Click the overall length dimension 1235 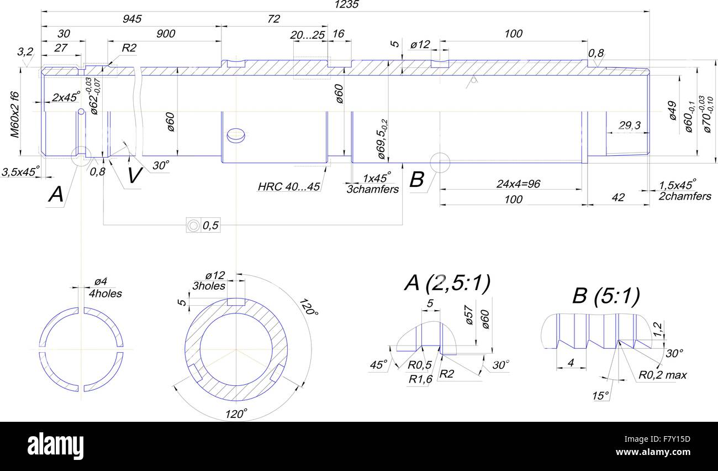pos(347,5)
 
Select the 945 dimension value pos(131,19)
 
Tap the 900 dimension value pos(165,34)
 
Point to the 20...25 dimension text pos(308,35)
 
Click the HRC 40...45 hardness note pos(289,187)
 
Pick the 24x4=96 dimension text pos(518,184)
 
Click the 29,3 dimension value pos(629,126)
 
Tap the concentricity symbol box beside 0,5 pos(193,225)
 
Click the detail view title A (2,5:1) pos(447,284)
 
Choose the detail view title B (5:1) pos(606,296)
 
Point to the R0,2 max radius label pos(663,375)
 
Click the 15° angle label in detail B pos(600,396)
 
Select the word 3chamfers pos(372,190)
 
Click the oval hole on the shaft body pos(236,134)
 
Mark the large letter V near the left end pos(134,176)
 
